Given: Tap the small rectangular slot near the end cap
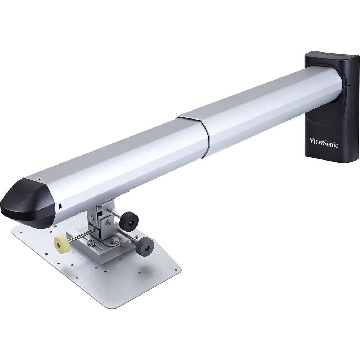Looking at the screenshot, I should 60,206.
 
